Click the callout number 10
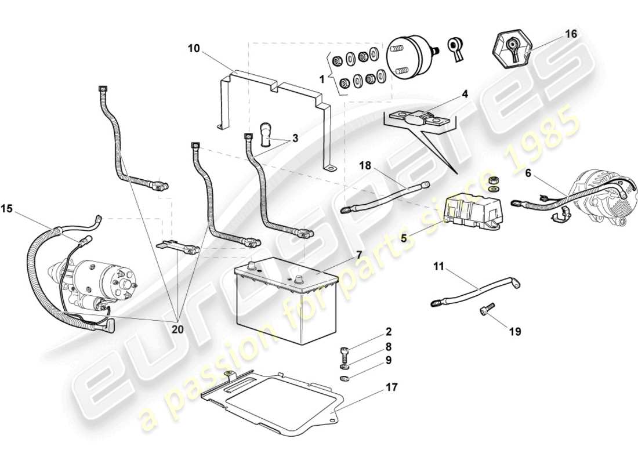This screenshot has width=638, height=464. (x=193, y=48)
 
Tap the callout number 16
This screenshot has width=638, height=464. (x=571, y=35)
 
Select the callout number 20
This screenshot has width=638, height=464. (x=177, y=328)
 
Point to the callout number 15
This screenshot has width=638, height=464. (x=7, y=208)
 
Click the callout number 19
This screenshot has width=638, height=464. (x=515, y=332)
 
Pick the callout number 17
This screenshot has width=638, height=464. (x=392, y=387)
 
